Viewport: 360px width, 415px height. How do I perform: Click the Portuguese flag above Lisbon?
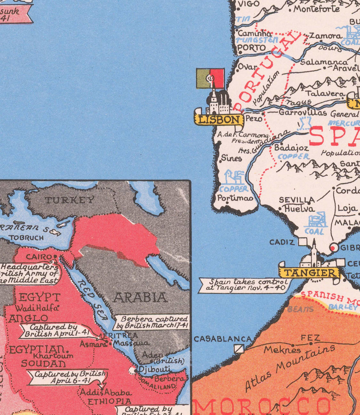(x=210, y=78)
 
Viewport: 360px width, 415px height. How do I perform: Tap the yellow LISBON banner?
(x=219, y=120)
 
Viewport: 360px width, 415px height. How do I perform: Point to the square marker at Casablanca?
(x=239, y=349)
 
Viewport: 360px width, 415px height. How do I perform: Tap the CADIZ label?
(x=282, y=242)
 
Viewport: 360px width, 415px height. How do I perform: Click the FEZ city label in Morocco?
(x=310, y=338)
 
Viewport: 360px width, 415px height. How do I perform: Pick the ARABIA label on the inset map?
(x=140, y=297)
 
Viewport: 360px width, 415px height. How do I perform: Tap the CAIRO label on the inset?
(x=38, y=256)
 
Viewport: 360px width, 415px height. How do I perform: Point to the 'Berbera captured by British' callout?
(x=152, y=322)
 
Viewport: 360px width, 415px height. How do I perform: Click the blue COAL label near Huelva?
(x=314, y=231)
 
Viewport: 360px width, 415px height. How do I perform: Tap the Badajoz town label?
(x=291, y=148)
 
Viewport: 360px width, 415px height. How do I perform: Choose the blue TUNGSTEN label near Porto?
(x=257, y=40)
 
